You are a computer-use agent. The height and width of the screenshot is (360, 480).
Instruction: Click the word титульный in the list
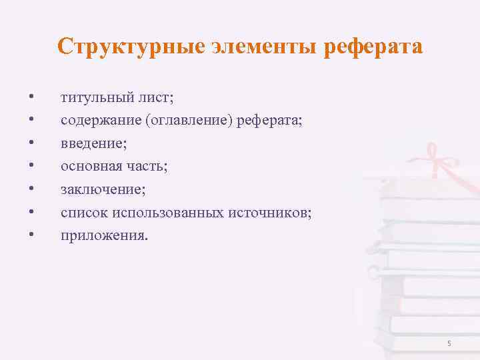pyautogui.click(x=93, y=98)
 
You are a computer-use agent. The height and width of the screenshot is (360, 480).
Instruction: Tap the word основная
pyautogui.click(x=89, y=166)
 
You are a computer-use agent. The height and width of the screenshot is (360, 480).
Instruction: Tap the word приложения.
pyautogui.click(x=100, y=235)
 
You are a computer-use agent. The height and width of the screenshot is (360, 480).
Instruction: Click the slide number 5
pyautogui.click(x=449, y=343)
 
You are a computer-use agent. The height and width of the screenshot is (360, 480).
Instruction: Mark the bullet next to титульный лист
pyautogui.click(x=31, y=98)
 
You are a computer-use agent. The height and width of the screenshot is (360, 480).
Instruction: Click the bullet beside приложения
pyautogui.click(x=31, y=235)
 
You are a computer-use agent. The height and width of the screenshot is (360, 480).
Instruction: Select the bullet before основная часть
pyautogui.click(x=31, y=166)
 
